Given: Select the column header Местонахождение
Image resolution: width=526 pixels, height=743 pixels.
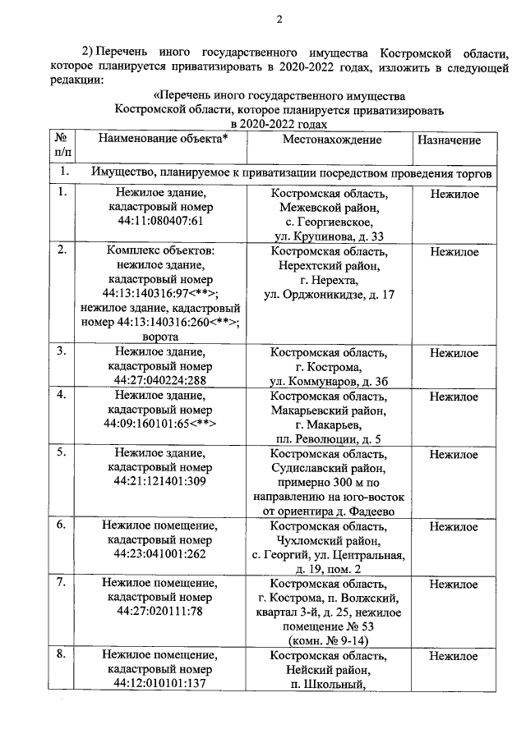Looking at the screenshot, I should coord(331,140).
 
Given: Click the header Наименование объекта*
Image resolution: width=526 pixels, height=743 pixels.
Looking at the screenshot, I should coord(163,140).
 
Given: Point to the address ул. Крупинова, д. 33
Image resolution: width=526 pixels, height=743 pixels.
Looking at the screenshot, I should coord(330,236).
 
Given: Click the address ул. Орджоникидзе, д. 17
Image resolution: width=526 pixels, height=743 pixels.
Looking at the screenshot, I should coord(330,294).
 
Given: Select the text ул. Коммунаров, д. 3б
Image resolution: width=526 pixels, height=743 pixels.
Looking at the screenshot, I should coord(330,382).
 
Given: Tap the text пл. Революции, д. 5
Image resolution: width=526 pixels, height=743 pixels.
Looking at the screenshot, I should coord(330,439).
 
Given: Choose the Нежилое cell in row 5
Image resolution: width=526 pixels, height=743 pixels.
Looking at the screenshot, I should coord(454,454).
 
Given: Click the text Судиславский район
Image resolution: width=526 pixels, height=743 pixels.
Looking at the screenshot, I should coord(330,468).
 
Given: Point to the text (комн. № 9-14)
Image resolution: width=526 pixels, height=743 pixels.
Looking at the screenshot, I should coord(330,640).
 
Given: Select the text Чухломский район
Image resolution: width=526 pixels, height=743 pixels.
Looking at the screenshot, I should coord(330,540).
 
